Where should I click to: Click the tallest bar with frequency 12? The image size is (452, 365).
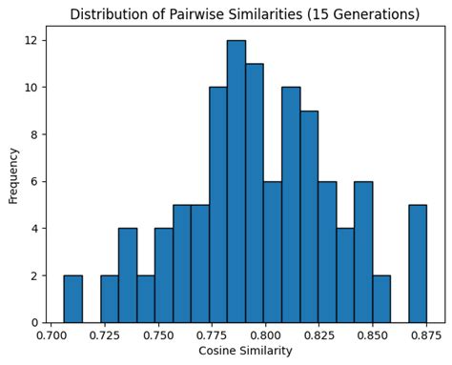point(236,181)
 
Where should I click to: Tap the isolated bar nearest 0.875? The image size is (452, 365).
point(418,264)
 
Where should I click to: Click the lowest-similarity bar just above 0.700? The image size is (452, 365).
point(72,299)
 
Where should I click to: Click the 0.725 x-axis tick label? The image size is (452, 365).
point(104,335)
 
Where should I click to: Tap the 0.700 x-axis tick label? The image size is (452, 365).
point(51,335)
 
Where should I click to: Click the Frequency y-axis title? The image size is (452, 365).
point(12,174)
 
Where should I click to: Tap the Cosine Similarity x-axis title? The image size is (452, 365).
point(247,352)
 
